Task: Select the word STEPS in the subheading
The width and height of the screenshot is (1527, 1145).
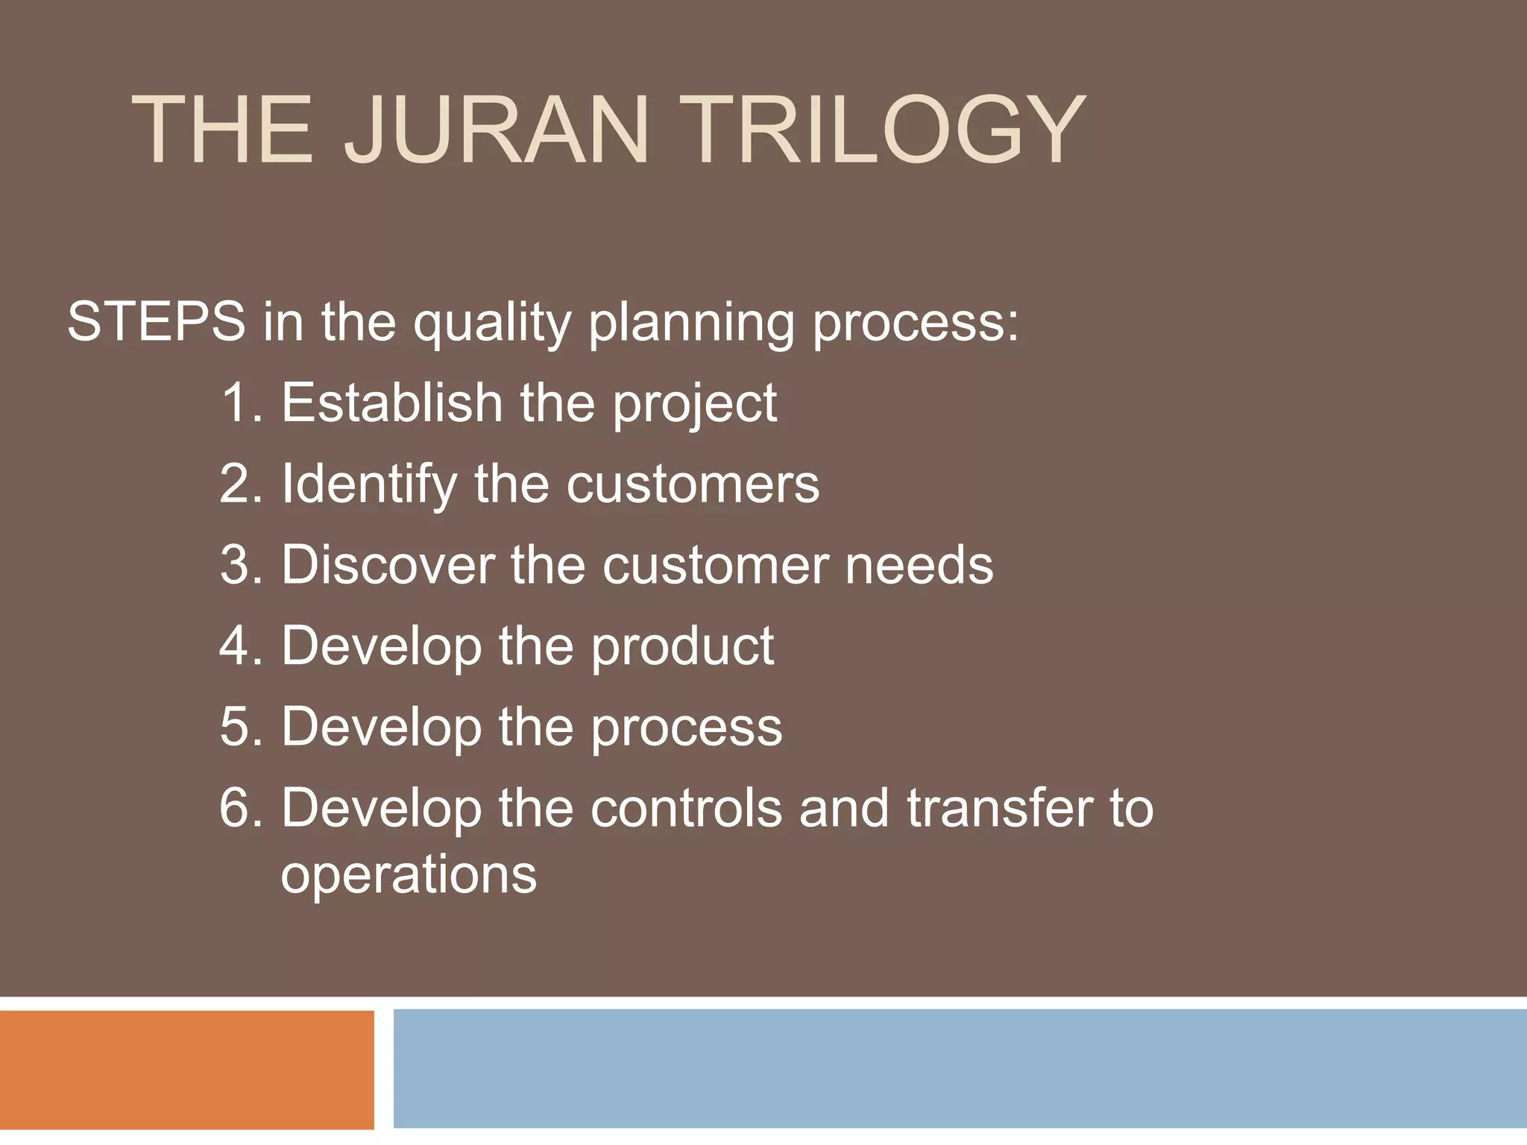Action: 156,322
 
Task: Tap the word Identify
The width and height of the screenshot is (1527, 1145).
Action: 368,485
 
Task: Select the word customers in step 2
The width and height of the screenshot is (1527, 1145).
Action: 693,485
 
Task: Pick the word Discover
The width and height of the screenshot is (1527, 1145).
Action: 388,565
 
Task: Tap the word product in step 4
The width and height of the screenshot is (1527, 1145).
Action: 682,647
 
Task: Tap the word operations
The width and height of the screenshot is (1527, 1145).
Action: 409,875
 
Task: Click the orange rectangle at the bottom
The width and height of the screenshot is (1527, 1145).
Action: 186,1069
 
